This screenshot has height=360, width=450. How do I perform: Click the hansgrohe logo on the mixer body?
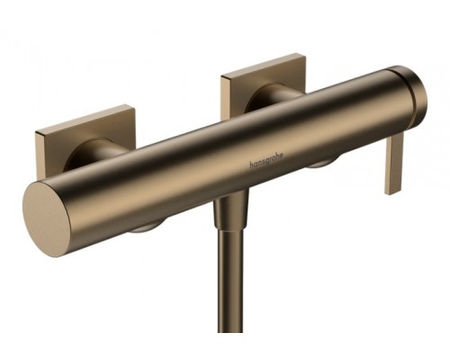click(x=266, y=162)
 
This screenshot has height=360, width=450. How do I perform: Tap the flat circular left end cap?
click(x=46, y=220)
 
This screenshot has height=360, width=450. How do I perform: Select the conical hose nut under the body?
click(x=231, y=212)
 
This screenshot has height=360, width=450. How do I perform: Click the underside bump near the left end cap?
click(x=146, y=227)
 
